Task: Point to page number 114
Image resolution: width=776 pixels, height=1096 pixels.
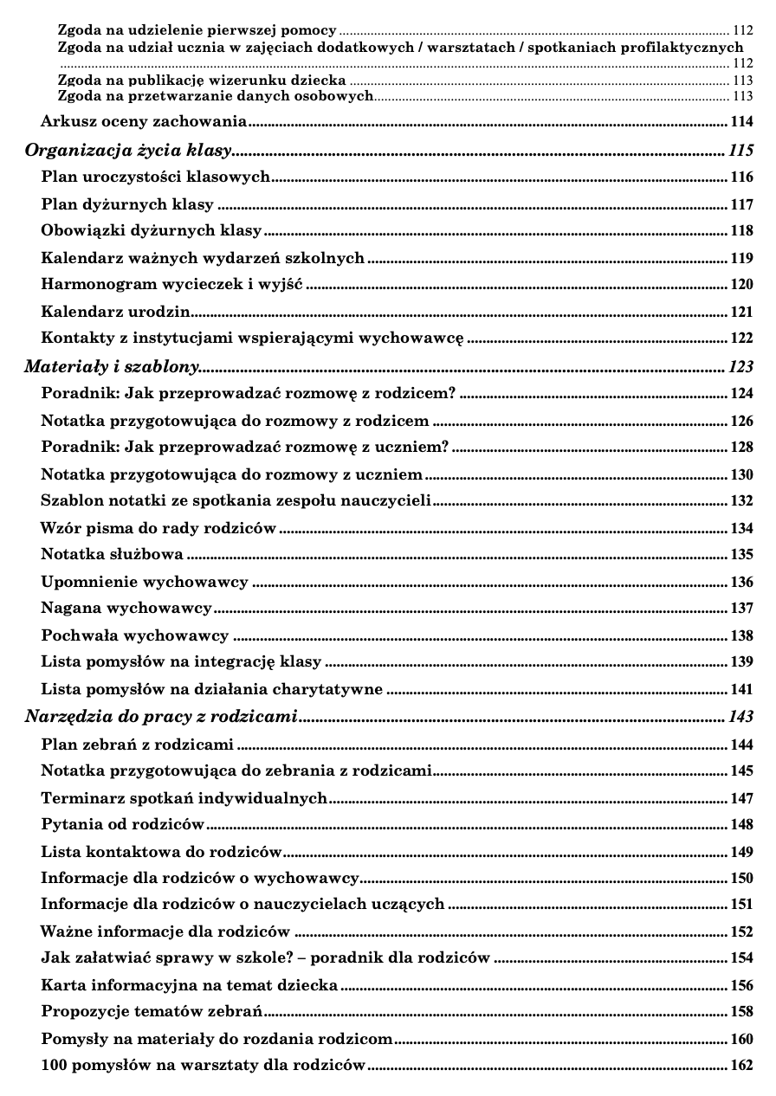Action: (x=741, y=121)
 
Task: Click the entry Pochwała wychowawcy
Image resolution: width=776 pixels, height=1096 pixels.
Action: (x=135, y=635)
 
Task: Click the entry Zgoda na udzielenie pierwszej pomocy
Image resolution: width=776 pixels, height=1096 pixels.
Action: (x=197, y=29)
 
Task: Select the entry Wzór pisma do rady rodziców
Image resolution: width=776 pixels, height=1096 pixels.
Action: (x=158, y=527)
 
